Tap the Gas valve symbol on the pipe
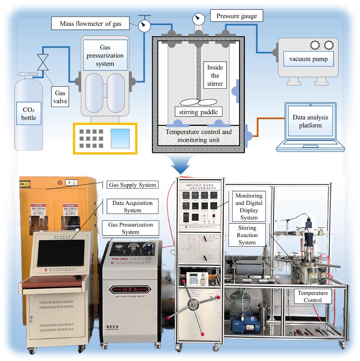43,62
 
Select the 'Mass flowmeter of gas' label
90,23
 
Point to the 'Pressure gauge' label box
237,16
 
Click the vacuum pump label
308,59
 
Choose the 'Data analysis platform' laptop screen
310,121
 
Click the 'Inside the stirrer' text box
215,76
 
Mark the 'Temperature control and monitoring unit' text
198,136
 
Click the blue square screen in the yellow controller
120,138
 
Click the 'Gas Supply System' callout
132,185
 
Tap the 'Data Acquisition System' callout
132,207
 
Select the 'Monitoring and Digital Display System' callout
249,207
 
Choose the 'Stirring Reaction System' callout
247,235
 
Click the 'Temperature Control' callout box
312,296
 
